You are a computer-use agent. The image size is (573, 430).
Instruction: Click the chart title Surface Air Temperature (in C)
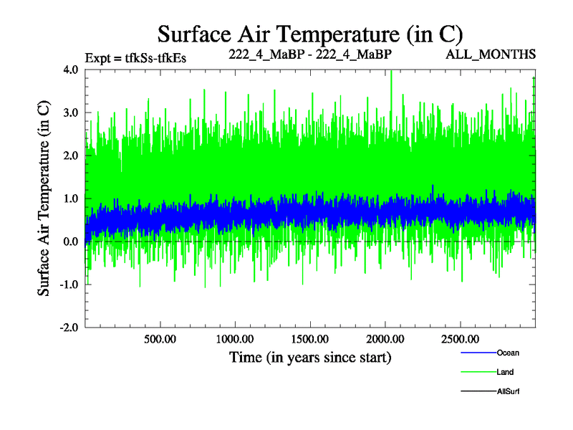310,33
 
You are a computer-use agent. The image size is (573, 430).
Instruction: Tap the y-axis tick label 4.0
71,70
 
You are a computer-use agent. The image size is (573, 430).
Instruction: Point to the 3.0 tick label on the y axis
71,113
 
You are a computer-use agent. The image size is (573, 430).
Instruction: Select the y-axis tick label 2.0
71,156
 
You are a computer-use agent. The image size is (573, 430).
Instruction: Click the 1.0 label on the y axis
71,199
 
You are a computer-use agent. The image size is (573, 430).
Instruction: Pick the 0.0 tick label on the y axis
71,242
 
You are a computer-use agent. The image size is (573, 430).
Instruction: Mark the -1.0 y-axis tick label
69,285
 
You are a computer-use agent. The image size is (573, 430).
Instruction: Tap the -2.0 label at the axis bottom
69,328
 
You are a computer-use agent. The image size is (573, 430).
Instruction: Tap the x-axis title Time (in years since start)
310,357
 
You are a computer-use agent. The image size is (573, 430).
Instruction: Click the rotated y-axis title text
44,199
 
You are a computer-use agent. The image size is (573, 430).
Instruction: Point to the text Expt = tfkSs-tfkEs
135,57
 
